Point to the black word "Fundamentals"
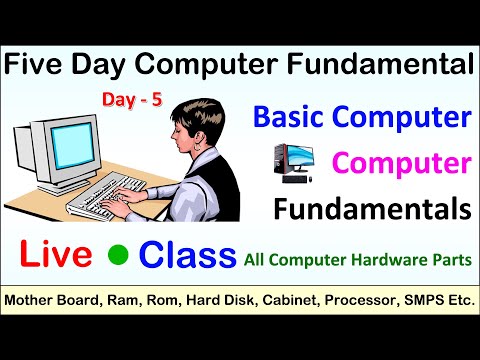pyautogui.click(x=386, y=209)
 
